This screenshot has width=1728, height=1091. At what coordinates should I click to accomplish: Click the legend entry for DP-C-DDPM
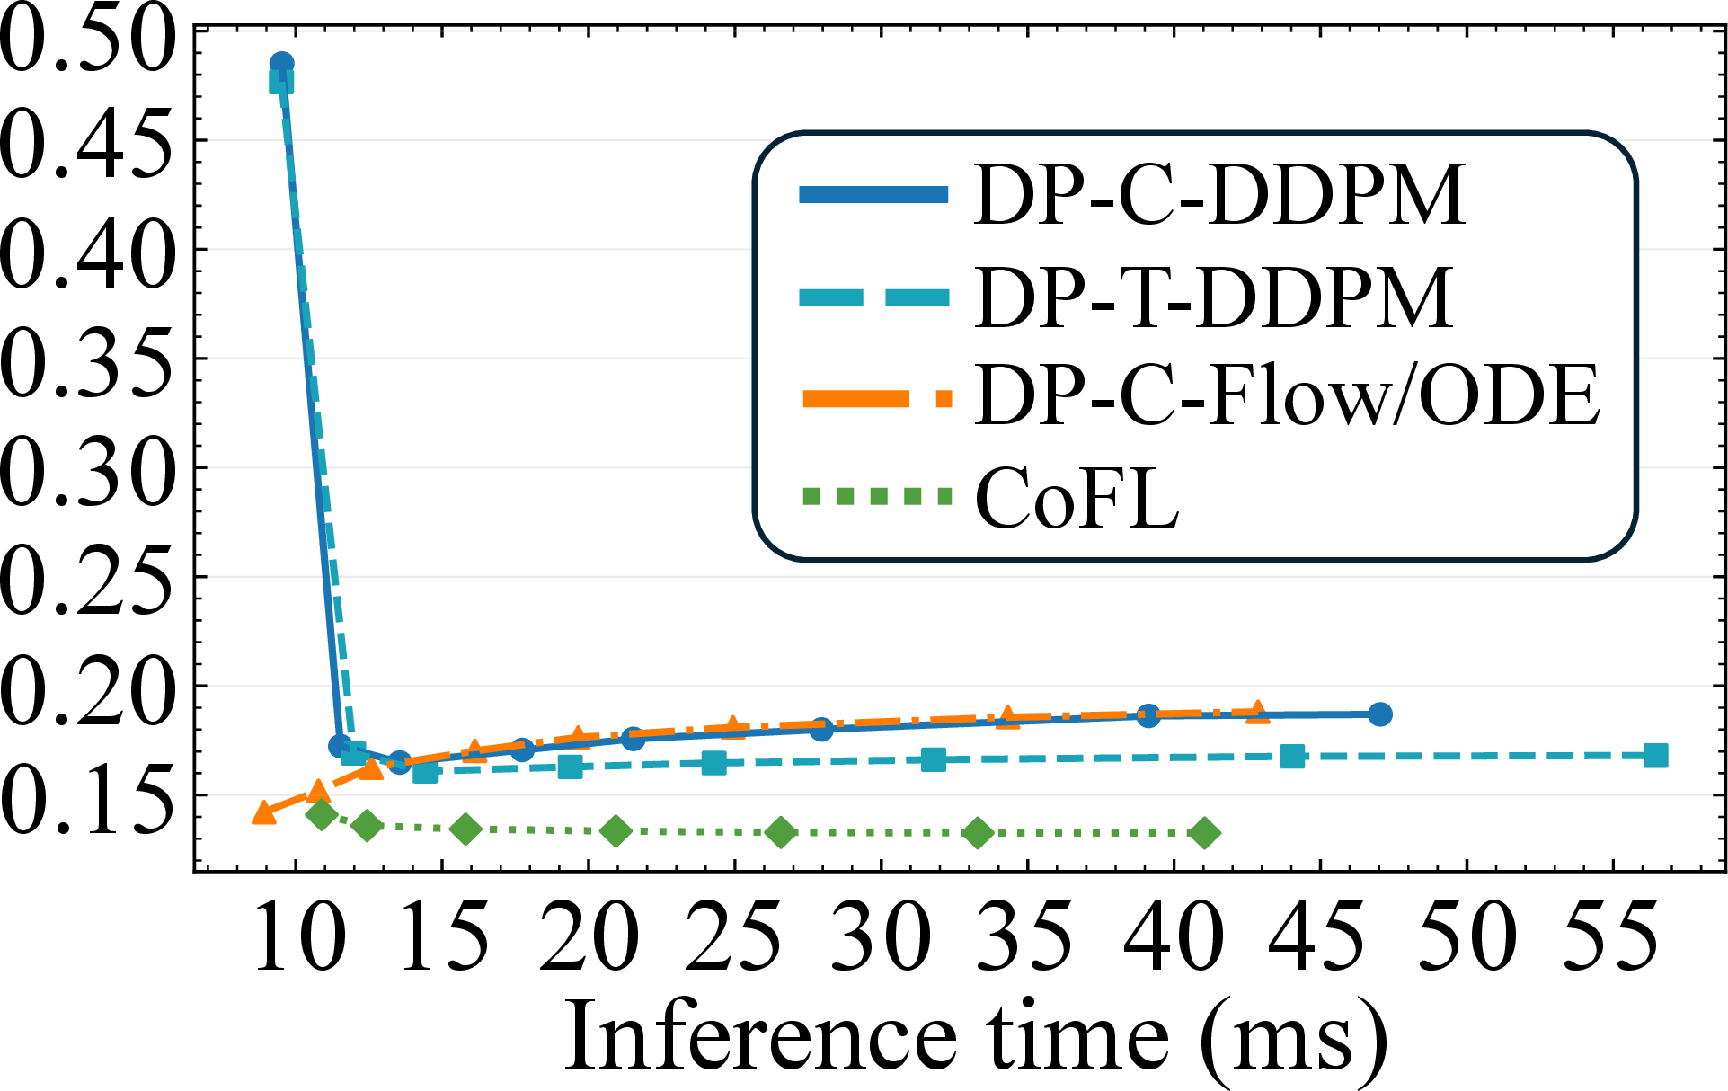pos(1219,194)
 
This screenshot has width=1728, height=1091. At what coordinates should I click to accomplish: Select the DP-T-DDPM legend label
pos(1213,297)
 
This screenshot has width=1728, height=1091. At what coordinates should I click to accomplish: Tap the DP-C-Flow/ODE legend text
pos(1288,395)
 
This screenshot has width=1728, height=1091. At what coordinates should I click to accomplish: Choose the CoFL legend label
pos(1077,497)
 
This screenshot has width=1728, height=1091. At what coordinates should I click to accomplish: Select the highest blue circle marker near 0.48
pos(281,64)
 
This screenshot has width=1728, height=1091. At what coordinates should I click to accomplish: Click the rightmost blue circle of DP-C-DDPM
pos(1380,714)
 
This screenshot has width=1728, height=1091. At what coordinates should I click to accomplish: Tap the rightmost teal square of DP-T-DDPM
pos(1656,756)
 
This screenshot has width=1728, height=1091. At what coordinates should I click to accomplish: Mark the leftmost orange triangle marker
pos(264,812)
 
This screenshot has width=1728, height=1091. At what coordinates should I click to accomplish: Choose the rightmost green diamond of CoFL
pos(1205,833)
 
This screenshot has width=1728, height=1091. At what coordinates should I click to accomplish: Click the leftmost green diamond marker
pos(322,815)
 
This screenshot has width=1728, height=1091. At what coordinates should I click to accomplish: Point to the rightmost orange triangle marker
pos(1257,712)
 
